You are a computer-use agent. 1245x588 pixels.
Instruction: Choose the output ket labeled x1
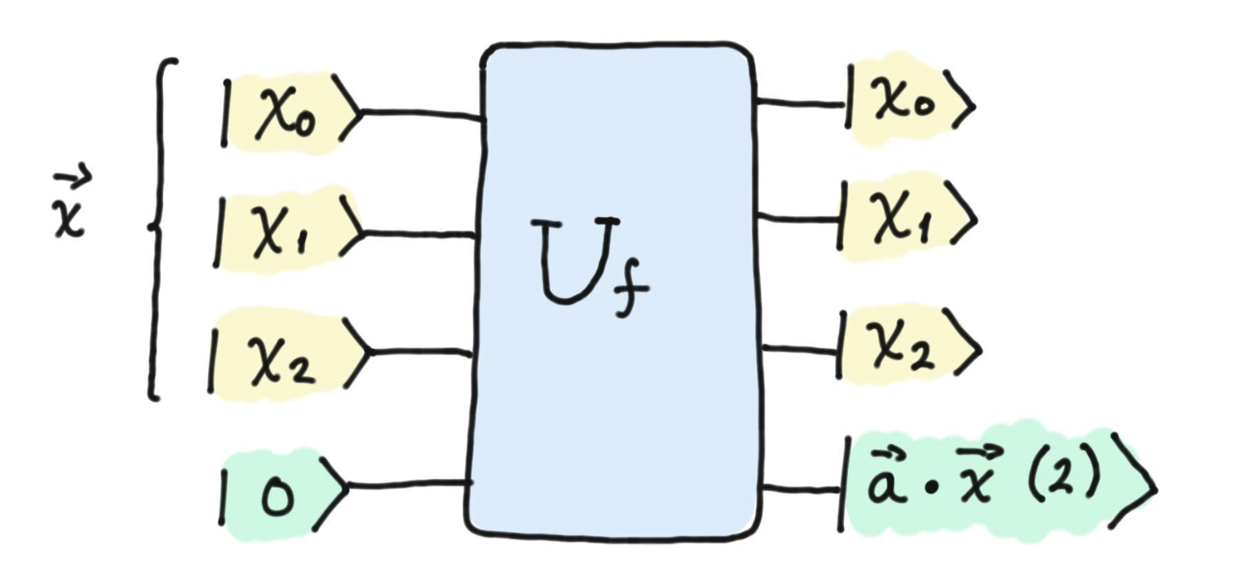pyautogui.click(x=908, y=218)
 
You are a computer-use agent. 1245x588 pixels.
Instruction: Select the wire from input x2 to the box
pyautogui.click(x=419, y=352)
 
